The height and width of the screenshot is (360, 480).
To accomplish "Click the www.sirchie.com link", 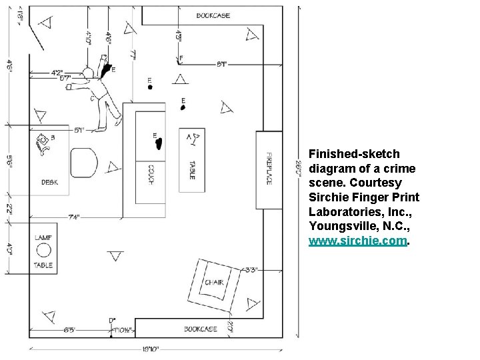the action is (357, 242).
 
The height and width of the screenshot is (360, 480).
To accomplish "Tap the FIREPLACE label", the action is (269, 168).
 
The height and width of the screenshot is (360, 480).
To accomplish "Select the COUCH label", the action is (151, 175).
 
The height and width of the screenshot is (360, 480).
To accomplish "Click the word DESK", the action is (50, 182).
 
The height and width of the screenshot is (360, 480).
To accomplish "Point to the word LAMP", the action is (43, 237).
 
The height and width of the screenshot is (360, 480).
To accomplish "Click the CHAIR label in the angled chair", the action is (213, 283).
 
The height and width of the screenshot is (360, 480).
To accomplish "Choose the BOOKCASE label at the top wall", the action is (213, 15).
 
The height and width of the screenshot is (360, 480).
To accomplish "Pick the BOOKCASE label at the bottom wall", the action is (201, 329).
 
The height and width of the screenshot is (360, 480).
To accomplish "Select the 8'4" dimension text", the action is (221, 64).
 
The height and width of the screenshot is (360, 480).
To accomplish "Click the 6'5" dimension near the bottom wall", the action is (71, 329).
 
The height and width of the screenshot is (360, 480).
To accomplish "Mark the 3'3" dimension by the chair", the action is (251, 270).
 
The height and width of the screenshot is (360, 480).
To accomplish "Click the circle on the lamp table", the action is (44, 251).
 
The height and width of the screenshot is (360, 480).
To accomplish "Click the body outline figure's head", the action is (87, 73).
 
